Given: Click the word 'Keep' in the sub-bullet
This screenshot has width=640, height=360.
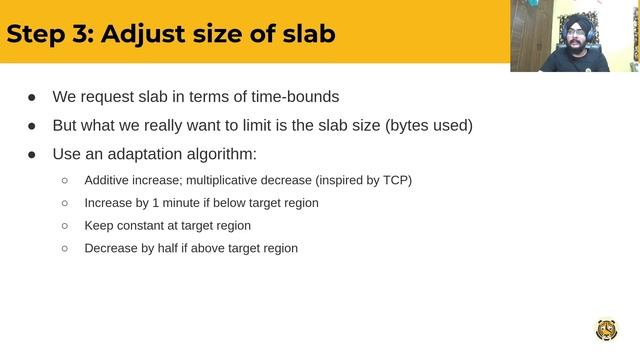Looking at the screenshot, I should click(99, 226).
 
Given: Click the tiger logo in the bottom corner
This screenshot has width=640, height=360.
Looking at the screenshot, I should click(606, 330).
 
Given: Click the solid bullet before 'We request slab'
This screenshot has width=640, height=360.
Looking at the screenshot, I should click(32, 98).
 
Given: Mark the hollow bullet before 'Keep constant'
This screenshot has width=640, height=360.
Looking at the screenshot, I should click(65, 226).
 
